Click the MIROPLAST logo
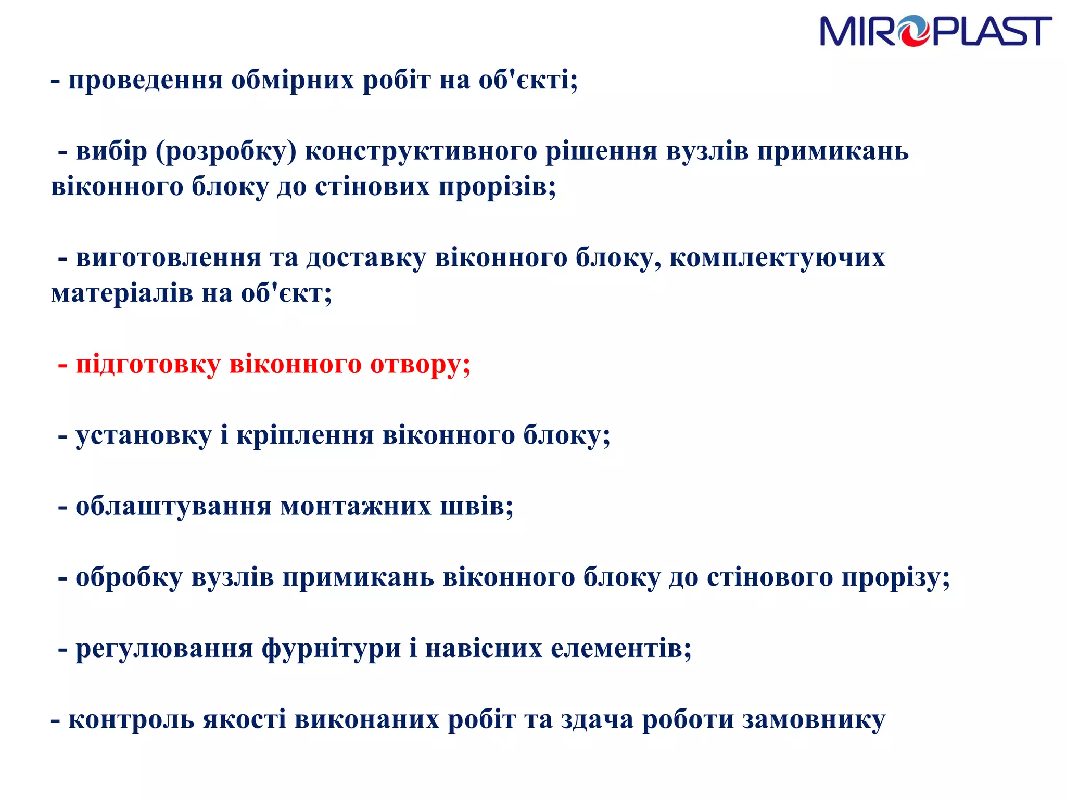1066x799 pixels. [x=935, y=31]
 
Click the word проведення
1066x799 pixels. [x=146, y=81]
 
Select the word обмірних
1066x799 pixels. [x=293, y=81]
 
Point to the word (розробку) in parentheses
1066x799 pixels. [x=226, y=152]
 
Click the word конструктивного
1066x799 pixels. [x=421, y=152]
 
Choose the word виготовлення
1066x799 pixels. [x=168, y=258]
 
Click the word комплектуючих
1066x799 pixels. [x=777, y=258]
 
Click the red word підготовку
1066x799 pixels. [x=148, y=365]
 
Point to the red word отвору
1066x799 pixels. [x=420, y=365]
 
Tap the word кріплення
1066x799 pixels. [x=305, y=435]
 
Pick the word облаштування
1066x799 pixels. [x=173, y=506]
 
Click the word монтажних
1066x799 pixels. [x=356, y=506]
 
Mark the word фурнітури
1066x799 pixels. [x=331, y=649]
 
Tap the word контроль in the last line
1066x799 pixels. [x=131, y=720]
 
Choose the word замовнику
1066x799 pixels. [x=814, y=720]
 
